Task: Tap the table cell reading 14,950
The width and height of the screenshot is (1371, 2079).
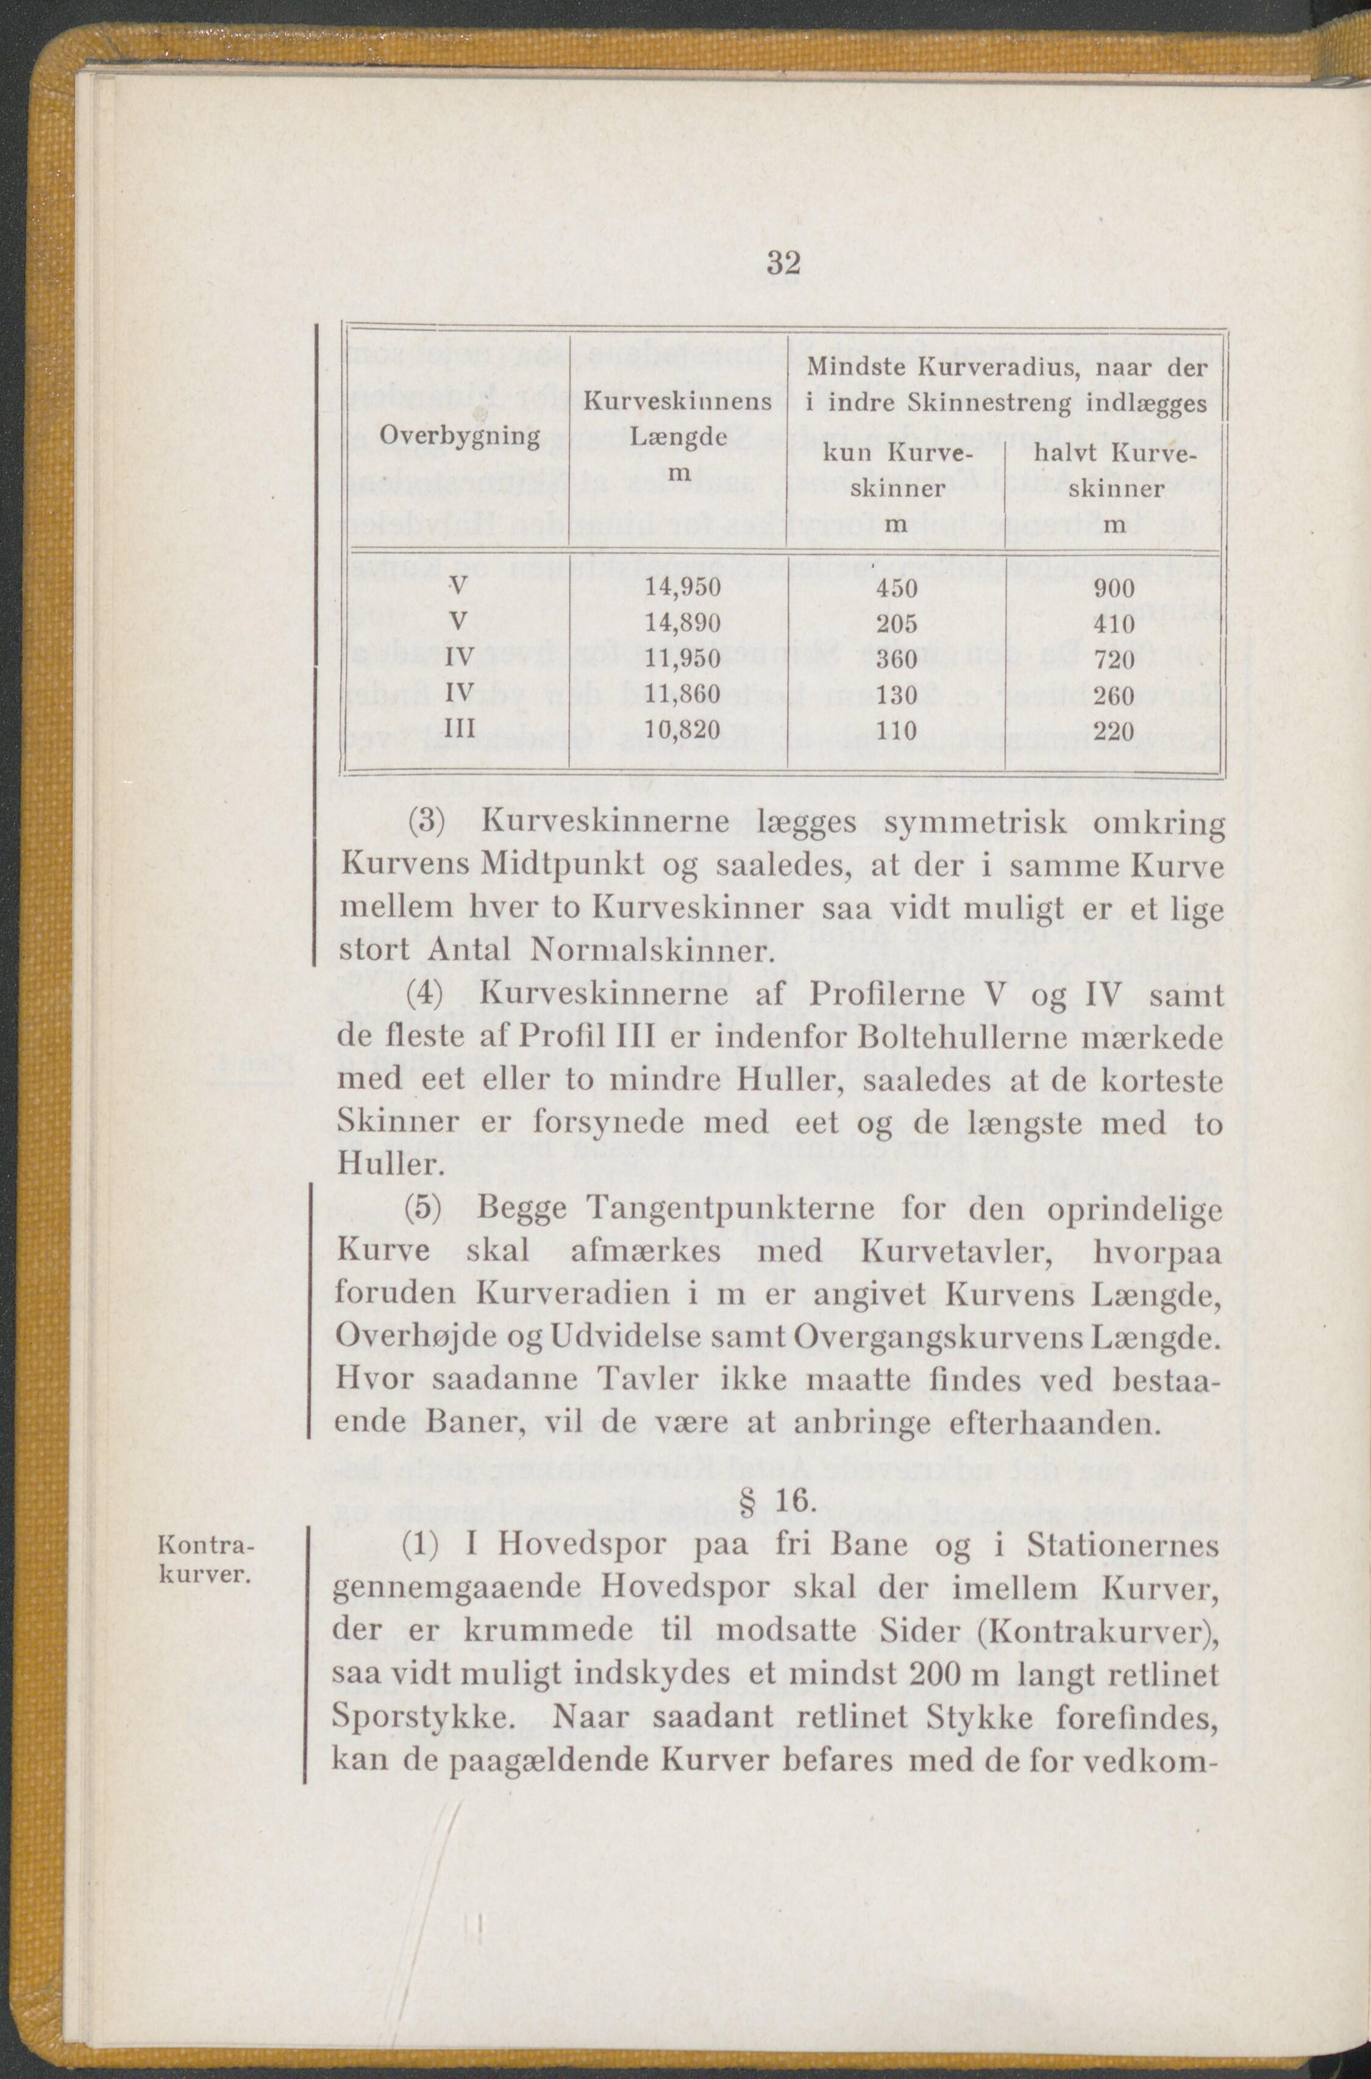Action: click(683, 587)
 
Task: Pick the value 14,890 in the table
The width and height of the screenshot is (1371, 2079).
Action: click(683, 623)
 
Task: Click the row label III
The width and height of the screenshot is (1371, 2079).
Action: click(460, 729)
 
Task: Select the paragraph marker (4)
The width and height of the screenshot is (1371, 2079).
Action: click(427, 996)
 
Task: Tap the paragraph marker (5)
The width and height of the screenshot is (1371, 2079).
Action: click(427, 1210)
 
